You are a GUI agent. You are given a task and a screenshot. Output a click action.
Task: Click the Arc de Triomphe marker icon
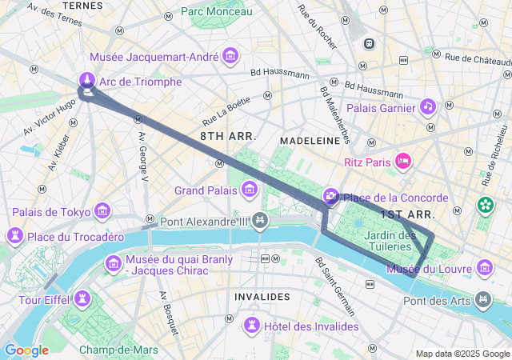pos(87,80)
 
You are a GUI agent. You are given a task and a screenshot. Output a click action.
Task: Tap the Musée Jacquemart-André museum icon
pos(231,55)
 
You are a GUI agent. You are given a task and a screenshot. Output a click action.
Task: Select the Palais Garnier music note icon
pos(428,107)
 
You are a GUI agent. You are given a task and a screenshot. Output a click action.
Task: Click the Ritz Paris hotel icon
pos(403,162)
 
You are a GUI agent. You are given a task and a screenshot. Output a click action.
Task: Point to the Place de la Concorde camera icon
pos(331,197)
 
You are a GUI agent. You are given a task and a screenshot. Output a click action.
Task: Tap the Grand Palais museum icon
pos(250,190)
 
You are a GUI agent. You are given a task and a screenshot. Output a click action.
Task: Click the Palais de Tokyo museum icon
pos(102,211)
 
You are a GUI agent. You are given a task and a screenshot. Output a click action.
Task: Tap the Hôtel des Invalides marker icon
pos(252,325)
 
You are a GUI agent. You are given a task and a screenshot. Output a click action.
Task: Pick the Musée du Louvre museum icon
pos(484,266)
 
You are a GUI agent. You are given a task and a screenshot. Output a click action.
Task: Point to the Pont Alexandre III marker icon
pos(260,220)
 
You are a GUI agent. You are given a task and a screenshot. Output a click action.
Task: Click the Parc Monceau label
pos(216,11)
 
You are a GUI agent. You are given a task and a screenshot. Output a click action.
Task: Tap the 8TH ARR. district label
pos(228,137)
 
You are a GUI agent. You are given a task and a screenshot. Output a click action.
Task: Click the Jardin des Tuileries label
pos(389,241)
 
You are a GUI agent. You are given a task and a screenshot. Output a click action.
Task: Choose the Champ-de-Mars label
pos(118,350)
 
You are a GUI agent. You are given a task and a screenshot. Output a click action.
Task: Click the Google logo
pos(26,350)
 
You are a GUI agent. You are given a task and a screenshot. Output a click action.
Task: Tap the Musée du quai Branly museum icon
pos(113,263)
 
